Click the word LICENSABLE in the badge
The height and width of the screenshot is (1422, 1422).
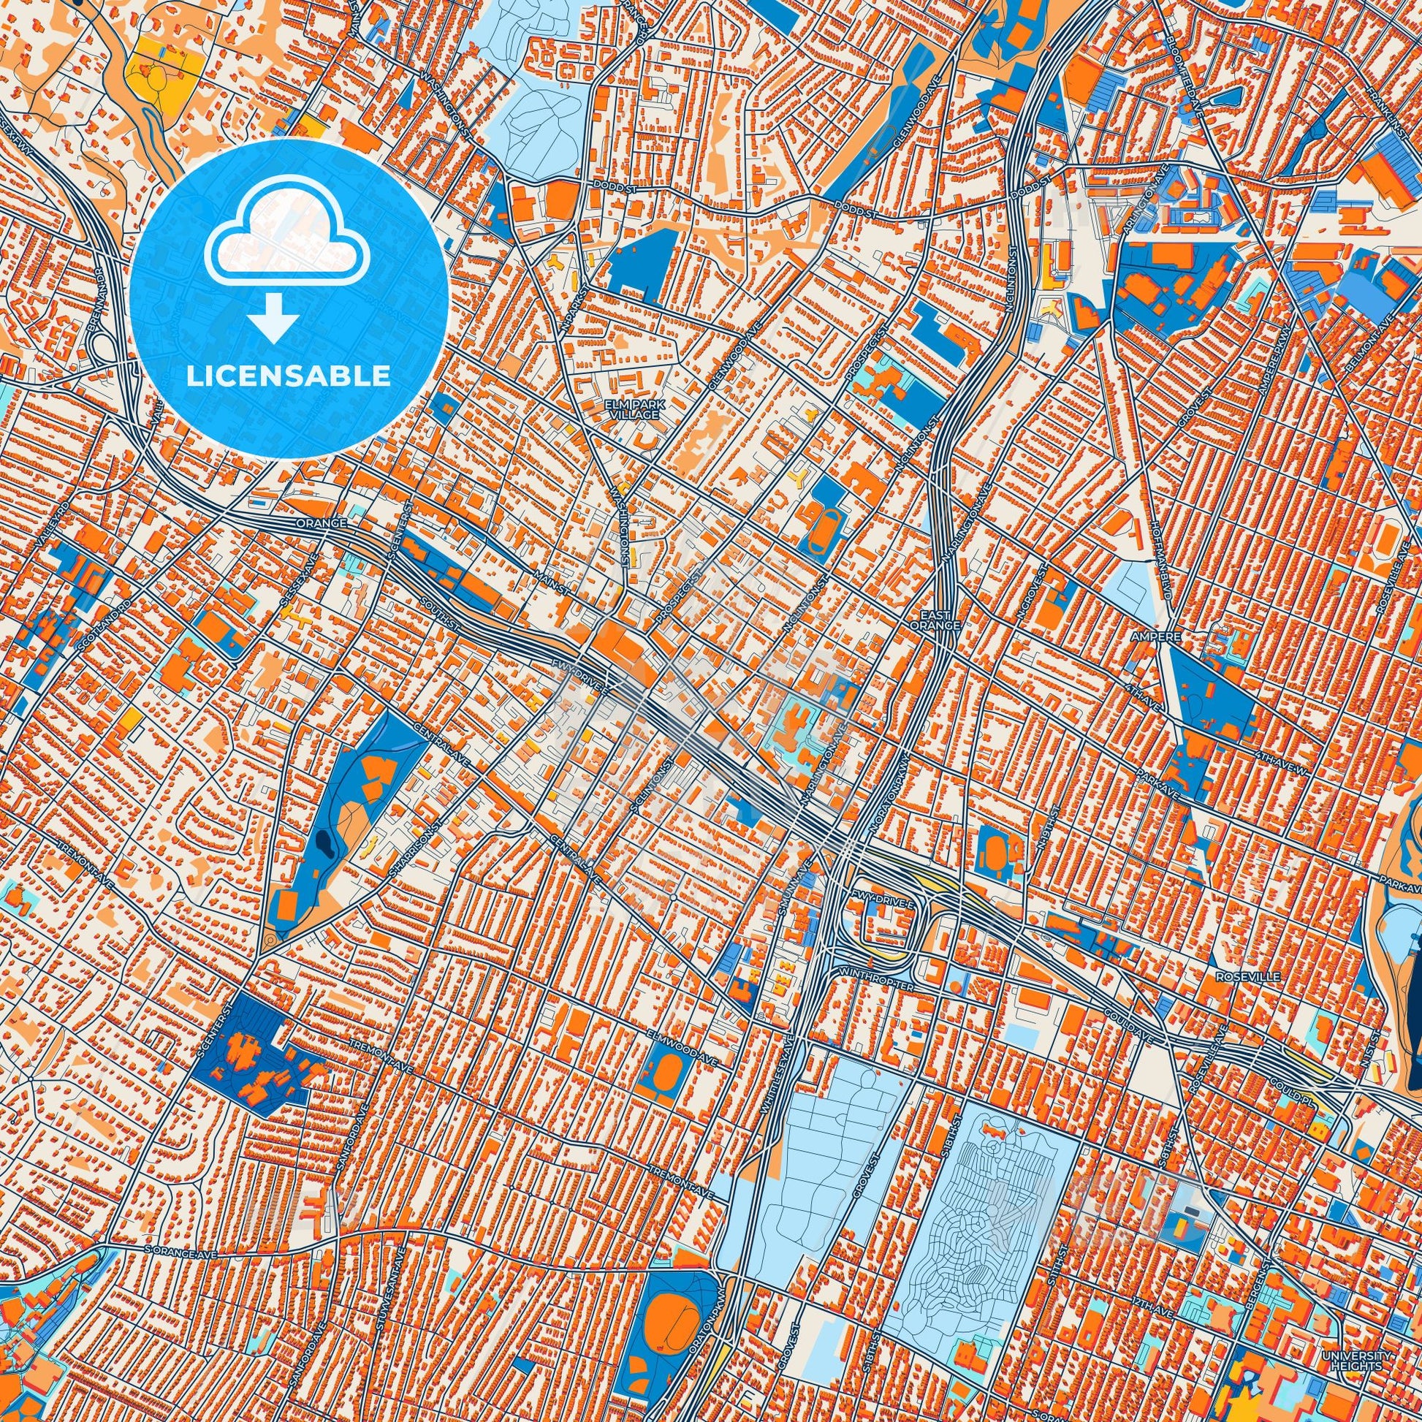coord(289,376)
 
